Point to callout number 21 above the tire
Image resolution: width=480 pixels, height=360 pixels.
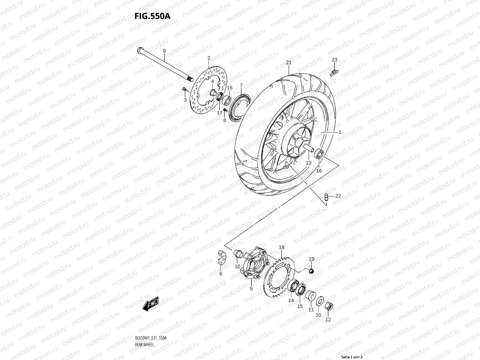point(289,63)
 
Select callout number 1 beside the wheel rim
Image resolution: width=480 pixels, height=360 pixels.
point(340,132)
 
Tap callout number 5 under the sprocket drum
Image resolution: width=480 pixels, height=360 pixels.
point(251,289)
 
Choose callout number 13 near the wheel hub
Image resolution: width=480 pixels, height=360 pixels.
point(308,163)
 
